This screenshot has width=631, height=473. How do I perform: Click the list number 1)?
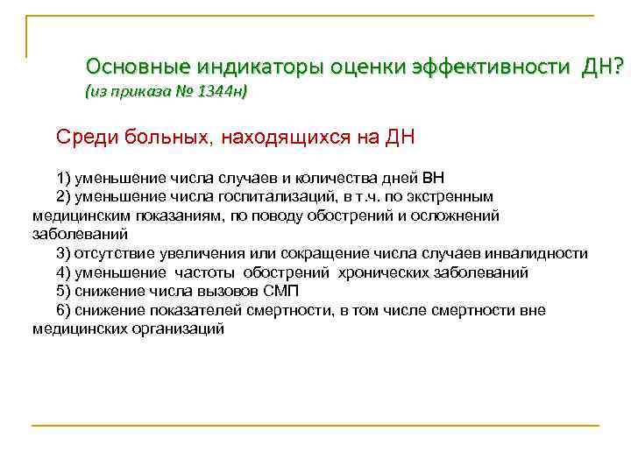tap(62, 178)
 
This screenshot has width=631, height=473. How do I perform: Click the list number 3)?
tap(62, 254)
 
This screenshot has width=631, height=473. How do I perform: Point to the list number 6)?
tap(62, 310)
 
